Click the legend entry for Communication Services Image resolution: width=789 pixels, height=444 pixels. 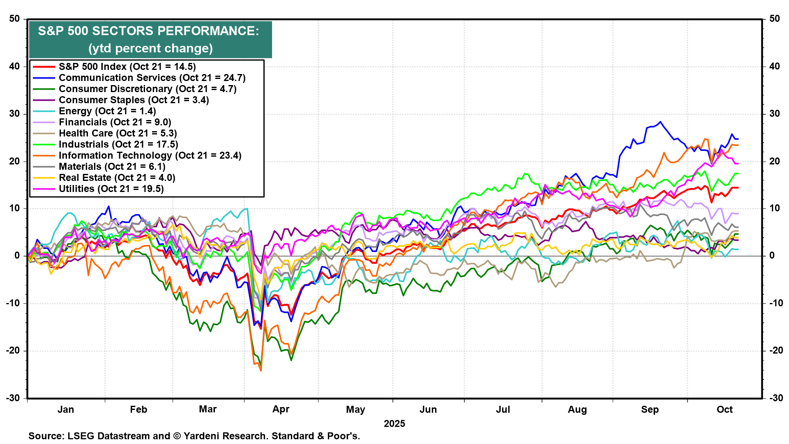click(152, 78)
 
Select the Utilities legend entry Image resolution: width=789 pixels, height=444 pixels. click(111, 189)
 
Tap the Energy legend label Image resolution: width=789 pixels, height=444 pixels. click(107, 111)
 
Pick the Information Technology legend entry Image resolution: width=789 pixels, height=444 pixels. click(150, 155)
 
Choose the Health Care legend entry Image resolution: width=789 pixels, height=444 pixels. click(118, 133)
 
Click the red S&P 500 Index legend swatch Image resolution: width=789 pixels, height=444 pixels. click(44, 67)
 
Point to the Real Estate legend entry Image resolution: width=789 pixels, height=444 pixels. click(117, 178)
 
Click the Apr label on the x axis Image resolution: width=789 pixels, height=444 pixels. click(281, 409)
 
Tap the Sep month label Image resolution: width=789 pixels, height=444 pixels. click(650, 409)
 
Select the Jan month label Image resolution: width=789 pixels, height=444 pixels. click(66, 409)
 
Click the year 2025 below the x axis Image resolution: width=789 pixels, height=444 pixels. click(394, 424)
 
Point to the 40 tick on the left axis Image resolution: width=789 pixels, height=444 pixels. click(15, 67)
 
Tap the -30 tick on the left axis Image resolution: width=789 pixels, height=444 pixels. click(14, 398)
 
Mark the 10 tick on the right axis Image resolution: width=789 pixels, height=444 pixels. click(775, 208)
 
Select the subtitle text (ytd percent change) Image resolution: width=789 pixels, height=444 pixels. click(150, 49)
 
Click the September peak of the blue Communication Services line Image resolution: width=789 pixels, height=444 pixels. click(660, 122)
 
